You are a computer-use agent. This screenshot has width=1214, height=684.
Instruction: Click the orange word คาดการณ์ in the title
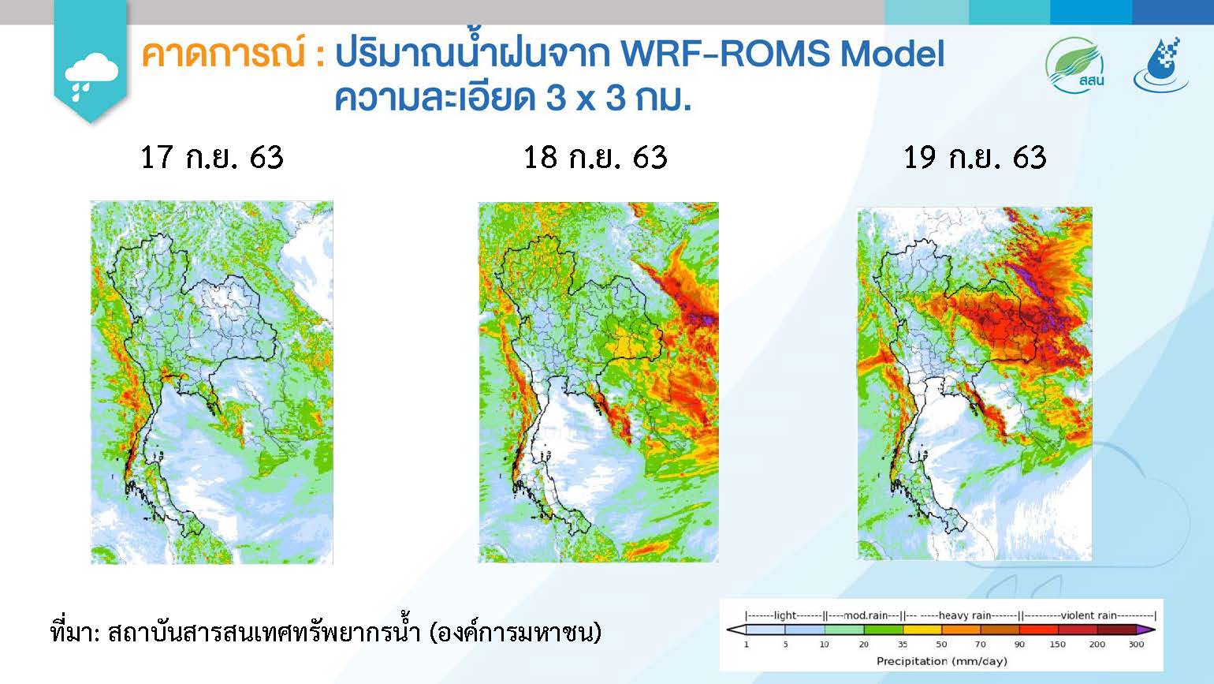tap(223, 53)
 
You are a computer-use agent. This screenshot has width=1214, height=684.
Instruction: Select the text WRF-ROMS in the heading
tap(724, 54)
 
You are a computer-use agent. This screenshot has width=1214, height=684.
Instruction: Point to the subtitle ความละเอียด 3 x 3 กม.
tap(512, 98)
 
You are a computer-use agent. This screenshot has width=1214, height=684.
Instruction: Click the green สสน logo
tap(1075, 65)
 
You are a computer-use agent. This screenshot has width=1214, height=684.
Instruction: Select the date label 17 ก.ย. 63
tap(212, 157)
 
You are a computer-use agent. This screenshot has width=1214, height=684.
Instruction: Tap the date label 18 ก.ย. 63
tap(595, 157)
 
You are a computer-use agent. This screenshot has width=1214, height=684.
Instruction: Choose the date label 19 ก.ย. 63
tap(974, 157)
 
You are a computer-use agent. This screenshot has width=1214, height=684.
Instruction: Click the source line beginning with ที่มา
tap(326, 633)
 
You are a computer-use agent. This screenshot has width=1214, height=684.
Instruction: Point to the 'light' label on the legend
tap(785, 615)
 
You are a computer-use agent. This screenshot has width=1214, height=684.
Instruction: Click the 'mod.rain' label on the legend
tap(866, 615)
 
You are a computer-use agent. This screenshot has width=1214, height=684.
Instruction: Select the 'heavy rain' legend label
tap(965, 615)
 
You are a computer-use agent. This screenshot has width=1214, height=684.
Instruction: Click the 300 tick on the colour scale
tap(1136, 645)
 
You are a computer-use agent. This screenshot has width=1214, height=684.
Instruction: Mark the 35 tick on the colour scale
tap(903, 645)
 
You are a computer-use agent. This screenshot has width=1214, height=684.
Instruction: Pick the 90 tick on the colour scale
tap(1019, 645)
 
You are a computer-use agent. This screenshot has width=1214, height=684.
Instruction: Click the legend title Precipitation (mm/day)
tap(942, 661)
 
